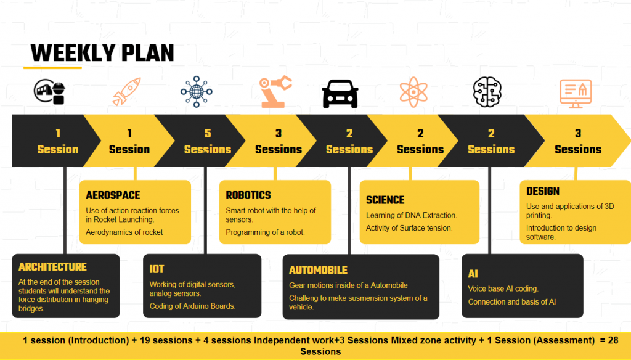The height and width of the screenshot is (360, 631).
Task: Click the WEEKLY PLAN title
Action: point(102,53)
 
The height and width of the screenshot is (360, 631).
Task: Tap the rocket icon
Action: point(127,92)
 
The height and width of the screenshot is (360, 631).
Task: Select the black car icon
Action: point(340,94)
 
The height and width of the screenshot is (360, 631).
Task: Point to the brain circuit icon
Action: point(487,92)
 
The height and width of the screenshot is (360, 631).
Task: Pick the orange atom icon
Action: point(413,92)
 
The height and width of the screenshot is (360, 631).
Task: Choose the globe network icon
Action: point(197,91)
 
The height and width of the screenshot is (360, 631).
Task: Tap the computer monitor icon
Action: point(576,94)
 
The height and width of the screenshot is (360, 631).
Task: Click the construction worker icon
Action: point(49,92)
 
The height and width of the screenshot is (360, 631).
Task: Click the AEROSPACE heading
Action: point(113,195)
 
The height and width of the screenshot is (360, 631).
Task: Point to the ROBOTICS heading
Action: point(248,195)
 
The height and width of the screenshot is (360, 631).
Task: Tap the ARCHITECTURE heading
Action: point(52,266)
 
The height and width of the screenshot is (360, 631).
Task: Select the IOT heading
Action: point(157,269)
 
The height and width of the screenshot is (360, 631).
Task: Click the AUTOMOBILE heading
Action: point(318,270)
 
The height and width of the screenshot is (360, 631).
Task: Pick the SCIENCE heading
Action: point(385,200)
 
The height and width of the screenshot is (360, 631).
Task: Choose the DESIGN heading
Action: point(542,191)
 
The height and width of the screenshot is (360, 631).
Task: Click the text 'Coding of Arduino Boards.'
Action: point(192,306)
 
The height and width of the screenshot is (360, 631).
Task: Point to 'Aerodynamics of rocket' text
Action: point(124,232)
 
